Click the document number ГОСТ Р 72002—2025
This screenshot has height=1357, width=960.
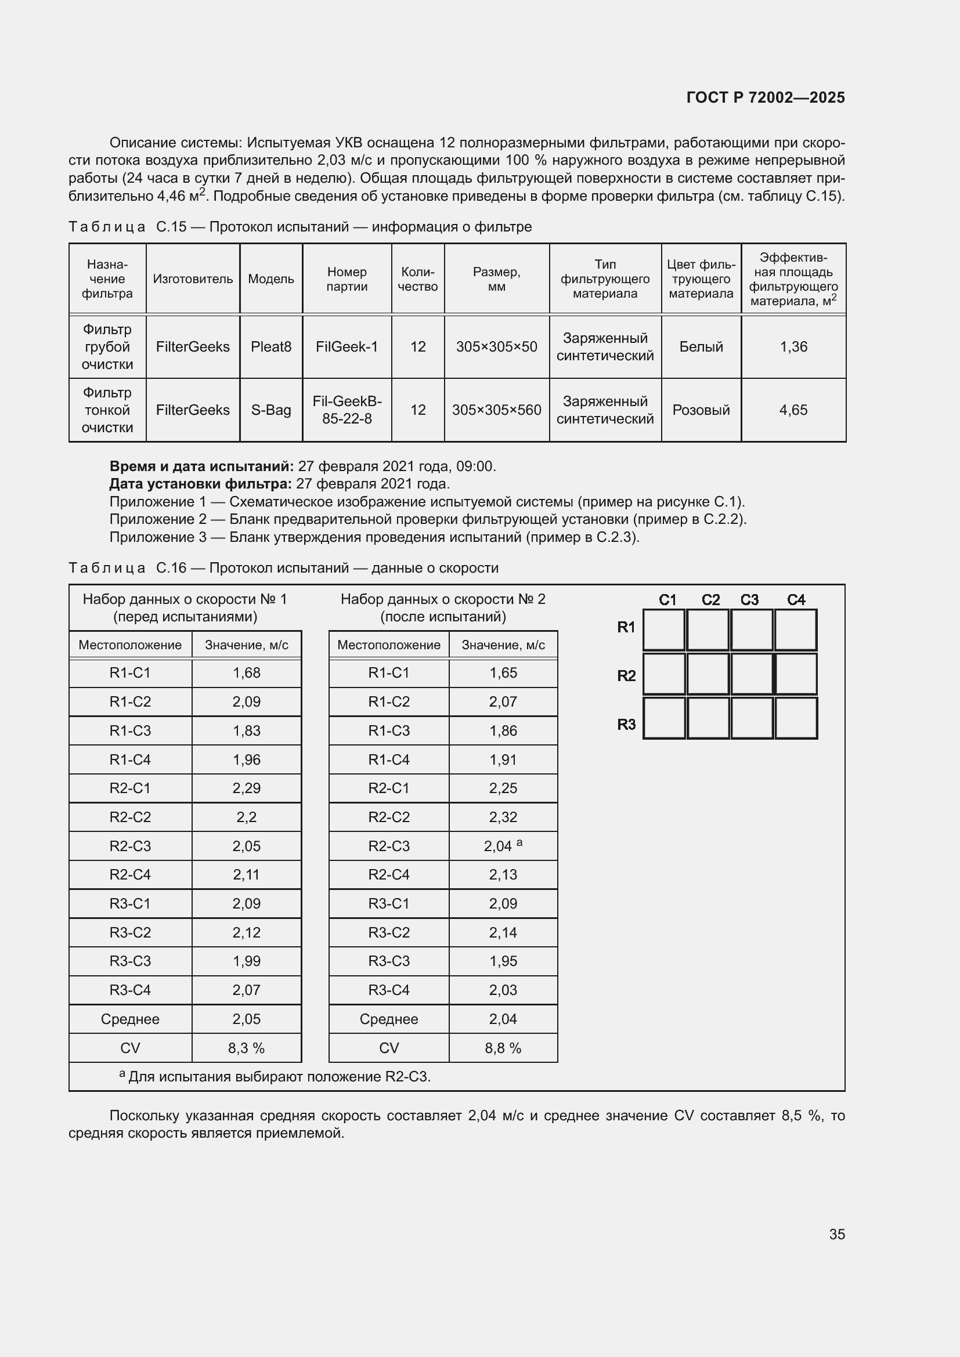tap(765, 97)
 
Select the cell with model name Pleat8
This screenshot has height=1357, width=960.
tap(270, 347)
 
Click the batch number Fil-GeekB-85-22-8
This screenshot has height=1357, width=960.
tap(347, 410)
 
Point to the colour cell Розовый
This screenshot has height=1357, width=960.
tap(701, 410)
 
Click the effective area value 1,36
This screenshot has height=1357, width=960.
tap(793, 347)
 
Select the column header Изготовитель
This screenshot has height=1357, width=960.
tap(193, 279)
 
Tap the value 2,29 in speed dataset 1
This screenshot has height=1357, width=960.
tap(247, 788)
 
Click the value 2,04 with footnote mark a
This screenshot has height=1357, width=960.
tap(502, 846)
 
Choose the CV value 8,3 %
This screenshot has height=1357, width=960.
tap(247, 1048)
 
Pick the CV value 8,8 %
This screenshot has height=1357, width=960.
tap(503, 1048)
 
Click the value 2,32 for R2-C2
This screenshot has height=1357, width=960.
tap(503, 817)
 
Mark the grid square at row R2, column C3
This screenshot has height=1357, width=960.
tap(751, 674)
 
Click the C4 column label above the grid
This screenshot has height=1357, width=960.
tap(796, 600)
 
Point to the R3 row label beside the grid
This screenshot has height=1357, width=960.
tap(626, 724)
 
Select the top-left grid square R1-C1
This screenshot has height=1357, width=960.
tap(663, 630)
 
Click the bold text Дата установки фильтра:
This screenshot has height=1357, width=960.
tap(200, 484)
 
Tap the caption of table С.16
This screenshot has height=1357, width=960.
tap(284, 568)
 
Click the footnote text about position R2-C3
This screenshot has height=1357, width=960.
tap(278, 1077)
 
